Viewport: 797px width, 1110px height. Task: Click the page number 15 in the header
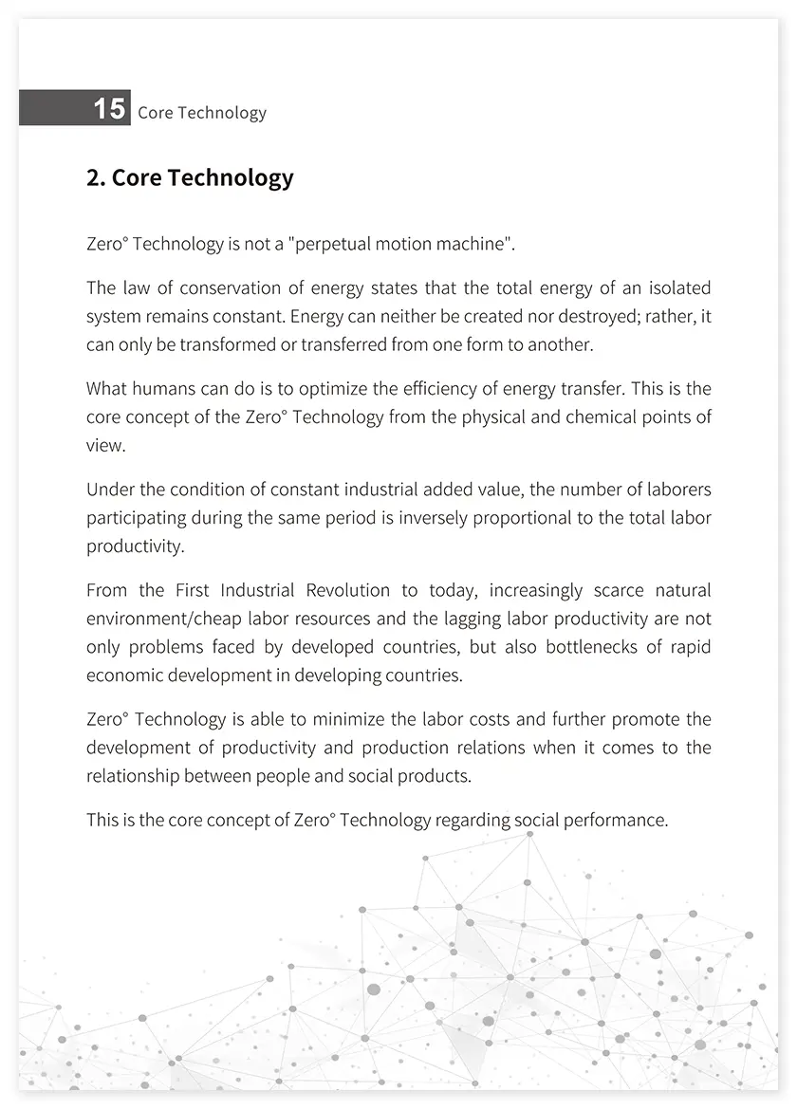click(109, 109)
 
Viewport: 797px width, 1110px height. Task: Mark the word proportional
click(518, 518)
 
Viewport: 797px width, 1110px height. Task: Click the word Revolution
click(347, 590)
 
